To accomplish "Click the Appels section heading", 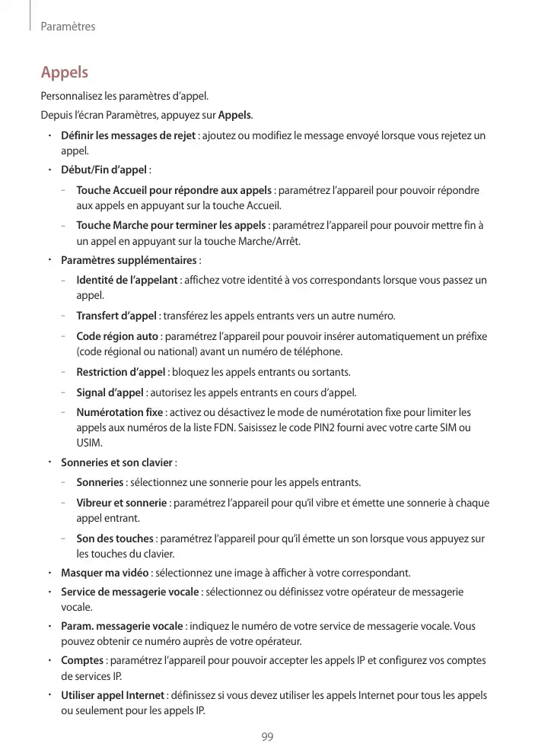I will click(x=65, y=73).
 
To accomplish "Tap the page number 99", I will click(x=267, y=737).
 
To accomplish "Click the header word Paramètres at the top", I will click(x=68, y=27).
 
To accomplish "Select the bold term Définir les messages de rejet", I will click(x=128, y=136).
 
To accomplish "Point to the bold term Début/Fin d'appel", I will click(x=103, y=169).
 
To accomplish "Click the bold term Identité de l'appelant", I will click(x=127, y=281).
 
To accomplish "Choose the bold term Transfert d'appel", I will click(x=117, y=316).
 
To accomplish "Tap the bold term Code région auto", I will click(x=117, y=336).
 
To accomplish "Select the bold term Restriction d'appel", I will click(x=121, y=372).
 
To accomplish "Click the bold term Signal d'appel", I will click(x=110, y=392).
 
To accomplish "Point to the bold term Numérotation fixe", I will click(x=119, y=412).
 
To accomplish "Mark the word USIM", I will click(x=90, y=443).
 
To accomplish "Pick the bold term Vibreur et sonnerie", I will click(x=122, y=503).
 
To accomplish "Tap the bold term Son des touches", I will click(x=115, y=538).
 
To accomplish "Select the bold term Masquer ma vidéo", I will click(x=104, y=573).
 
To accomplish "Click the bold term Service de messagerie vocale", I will click(x=130, y=592).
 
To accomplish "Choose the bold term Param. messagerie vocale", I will click(x=122, y=626).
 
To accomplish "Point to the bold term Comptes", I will click(x=82, y=661).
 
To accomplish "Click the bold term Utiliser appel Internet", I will click(x=113, y=695).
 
